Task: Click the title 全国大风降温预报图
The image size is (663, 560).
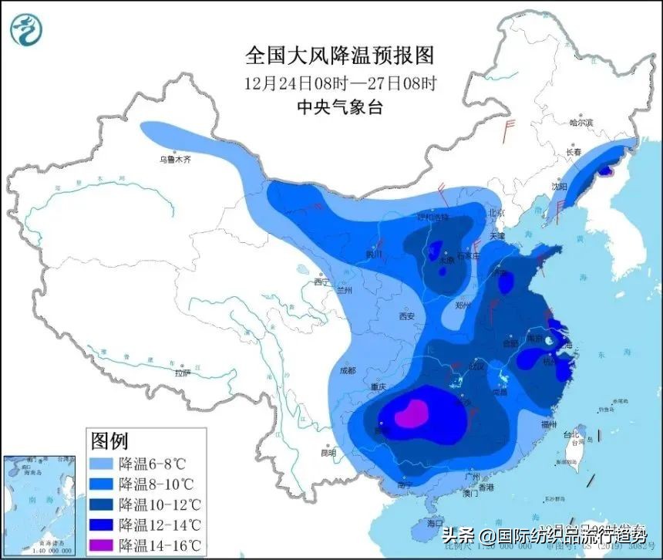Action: coord(340,56)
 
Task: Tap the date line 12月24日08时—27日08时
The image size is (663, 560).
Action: coord(340,82)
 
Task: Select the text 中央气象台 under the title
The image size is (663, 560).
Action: coord(340,107)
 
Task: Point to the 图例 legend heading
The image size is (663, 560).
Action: coord(109,441)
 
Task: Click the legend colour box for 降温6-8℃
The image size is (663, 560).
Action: coord(103,464)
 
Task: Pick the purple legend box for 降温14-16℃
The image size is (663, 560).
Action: coord(103,544)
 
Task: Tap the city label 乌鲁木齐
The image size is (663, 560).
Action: coord(174,160)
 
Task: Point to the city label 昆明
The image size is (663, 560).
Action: coord(328,453)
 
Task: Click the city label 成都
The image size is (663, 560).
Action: coord(348,370)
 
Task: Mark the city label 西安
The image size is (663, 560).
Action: coord(407,316)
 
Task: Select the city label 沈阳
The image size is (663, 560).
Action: coord(559,187)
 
